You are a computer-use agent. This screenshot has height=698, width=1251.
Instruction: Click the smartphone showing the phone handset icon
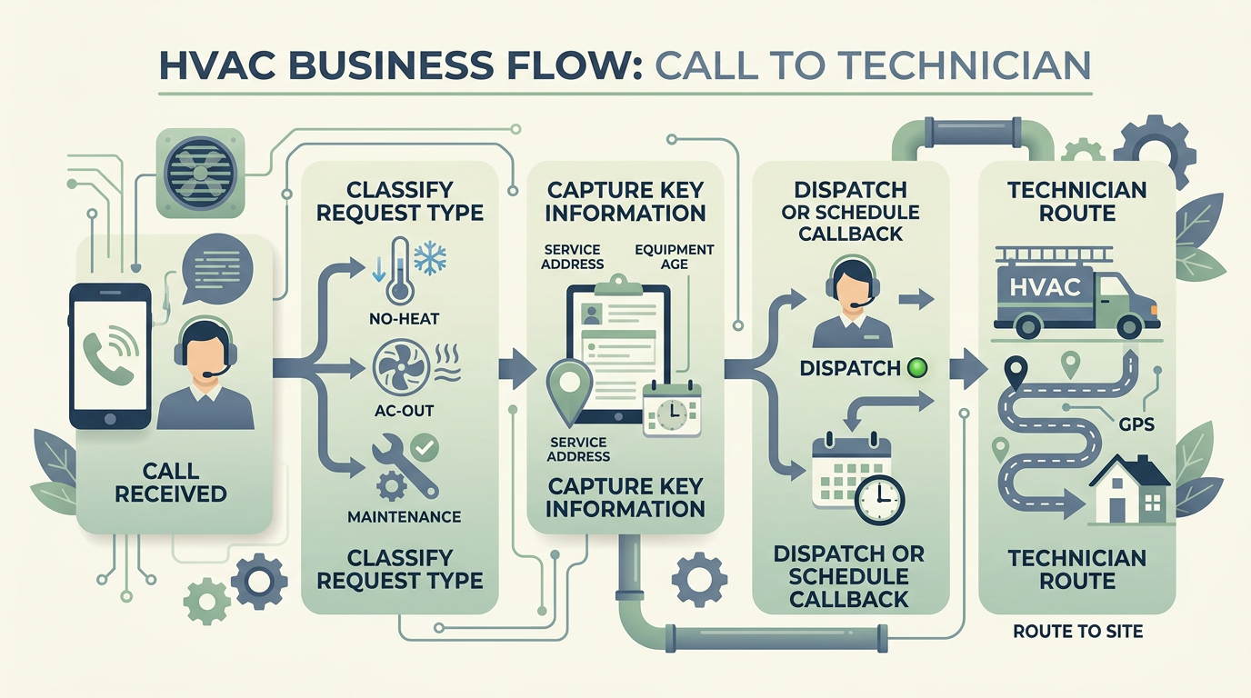[110, 355]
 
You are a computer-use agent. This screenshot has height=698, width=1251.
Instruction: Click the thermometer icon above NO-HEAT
[397, 270]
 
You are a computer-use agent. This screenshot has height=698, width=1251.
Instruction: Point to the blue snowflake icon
[430, 257]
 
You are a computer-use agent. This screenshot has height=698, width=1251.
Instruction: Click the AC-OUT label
[405, 411]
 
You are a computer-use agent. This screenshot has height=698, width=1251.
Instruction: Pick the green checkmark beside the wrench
[424, 446]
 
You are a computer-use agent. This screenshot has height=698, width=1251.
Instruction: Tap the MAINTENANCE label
[404, 516]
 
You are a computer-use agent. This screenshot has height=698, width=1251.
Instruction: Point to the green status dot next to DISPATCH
[916, 368]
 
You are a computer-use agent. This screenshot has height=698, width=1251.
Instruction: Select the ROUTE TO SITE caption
[1077, 631]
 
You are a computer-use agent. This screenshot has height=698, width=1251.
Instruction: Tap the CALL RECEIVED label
[172, 482]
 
